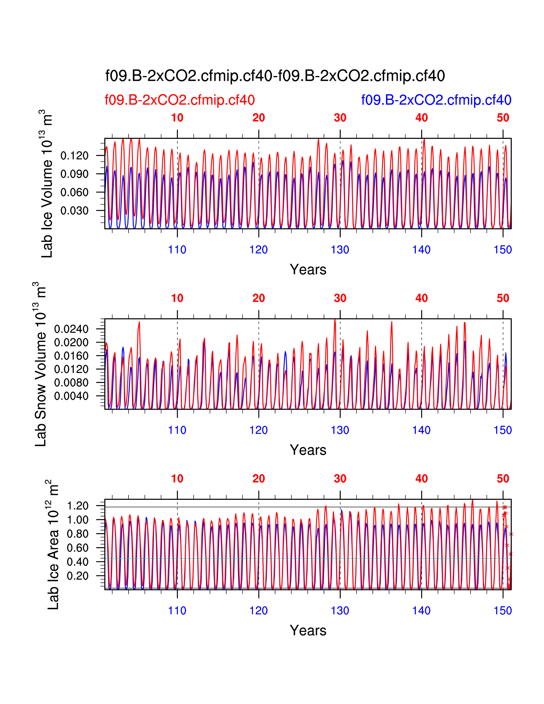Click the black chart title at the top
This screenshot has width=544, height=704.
point(275,76)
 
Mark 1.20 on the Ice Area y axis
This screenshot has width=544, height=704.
point(77,506)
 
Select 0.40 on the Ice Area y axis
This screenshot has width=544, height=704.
point(77,562)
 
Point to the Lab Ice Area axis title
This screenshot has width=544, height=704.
point(53,545)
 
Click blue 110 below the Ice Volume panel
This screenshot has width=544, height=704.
point(177,250)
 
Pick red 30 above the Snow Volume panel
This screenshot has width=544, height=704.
point(340,298)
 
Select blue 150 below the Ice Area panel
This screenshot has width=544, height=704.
point(503,611)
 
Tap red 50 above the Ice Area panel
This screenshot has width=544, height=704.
point(503,479)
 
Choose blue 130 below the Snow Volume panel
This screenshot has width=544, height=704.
point(340,430)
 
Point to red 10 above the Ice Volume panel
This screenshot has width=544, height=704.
point(177,118)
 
